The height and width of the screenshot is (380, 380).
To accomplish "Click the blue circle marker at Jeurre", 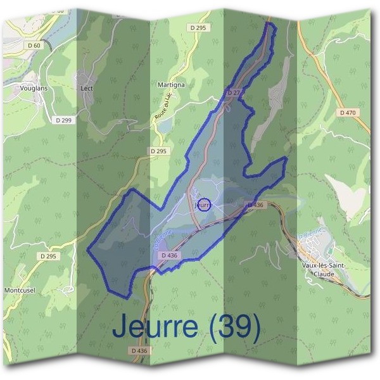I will point(204,205).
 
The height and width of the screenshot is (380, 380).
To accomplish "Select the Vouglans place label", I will point(33,89).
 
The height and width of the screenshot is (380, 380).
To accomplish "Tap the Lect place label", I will point(87,88).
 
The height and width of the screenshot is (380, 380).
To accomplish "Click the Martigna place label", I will point(170,84).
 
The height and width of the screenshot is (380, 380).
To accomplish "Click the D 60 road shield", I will point(34,45).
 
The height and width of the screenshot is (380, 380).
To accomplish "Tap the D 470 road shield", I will point(348,112).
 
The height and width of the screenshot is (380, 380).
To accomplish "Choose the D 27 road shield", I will point(233,93).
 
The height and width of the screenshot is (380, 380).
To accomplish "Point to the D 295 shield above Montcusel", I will point(47,256).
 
